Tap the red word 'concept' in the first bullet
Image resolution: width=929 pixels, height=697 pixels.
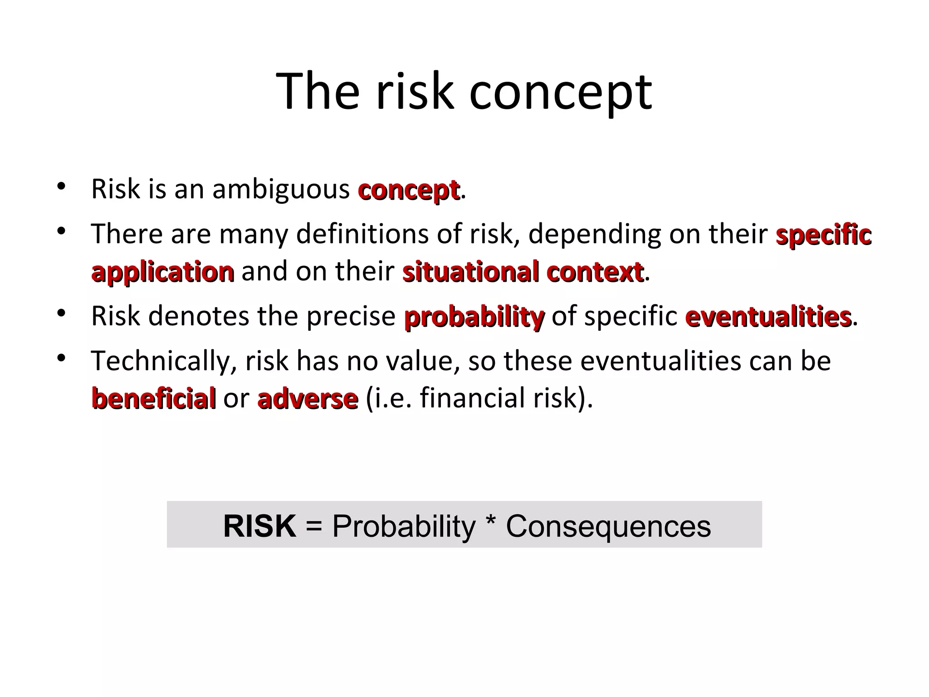pyautogui.click(x=409, y=191)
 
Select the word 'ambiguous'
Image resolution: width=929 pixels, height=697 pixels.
pyautogui.click(x=281, y=190)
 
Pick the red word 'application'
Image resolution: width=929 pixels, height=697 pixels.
pyautogui.click(x=163, y=272)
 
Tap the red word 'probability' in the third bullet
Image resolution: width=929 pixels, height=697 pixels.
pyautogui.click(x=474, y=317)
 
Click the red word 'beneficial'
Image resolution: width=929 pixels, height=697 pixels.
pyautogui.click(x=154, y=399)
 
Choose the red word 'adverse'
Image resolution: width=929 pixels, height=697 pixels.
pyautogui.click(x=308, y=399)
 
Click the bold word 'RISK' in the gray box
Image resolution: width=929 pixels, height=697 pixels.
pyautogui.click(x=259, y=526)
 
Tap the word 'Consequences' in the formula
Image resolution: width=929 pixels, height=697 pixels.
pyautogui.click(x=608, y=526)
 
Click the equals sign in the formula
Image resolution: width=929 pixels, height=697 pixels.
pyautogui.click(x=314, y=527)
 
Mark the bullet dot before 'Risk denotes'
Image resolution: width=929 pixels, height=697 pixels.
pyautogui.click(x=61, y=314)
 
